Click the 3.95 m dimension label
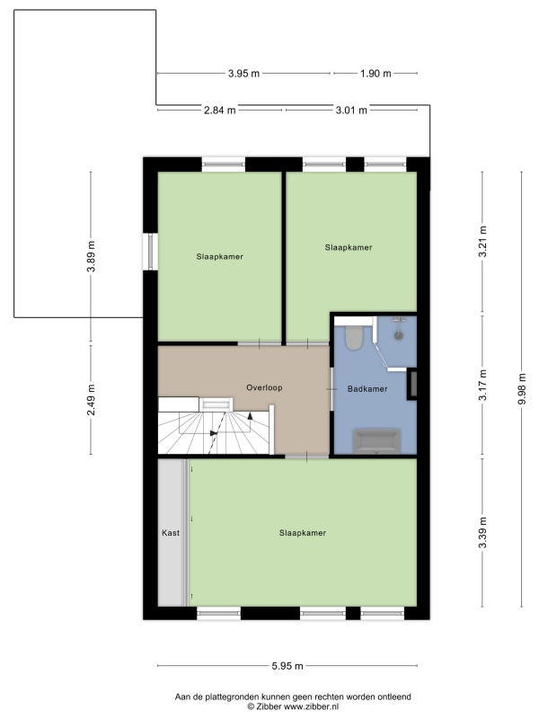click(243, 74)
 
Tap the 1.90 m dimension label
click(376, 74)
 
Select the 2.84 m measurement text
click(220, 110)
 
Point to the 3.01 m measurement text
click(351, 110)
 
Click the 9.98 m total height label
click(522, 389)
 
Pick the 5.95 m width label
click(287, 666)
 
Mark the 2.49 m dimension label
click(92, 400)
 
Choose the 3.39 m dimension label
click(482, 532)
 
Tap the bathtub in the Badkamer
click(376, 440)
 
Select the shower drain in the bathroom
click(398, 335)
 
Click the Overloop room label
click(264, 387)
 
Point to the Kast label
click(171, 533)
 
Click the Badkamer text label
click(367, 389)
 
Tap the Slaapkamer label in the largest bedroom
click(303, 533)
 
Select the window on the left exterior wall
click(151, 252)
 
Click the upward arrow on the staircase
click(251, 416)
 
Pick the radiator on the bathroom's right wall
click(412, 384)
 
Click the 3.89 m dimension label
click(92, 256)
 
